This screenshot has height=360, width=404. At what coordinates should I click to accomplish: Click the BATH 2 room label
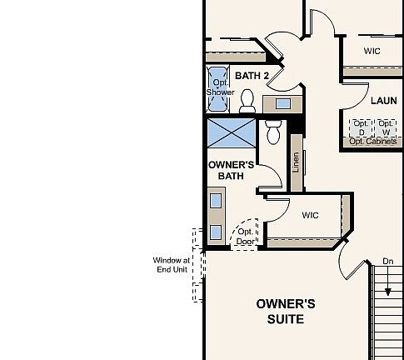click(252, 76)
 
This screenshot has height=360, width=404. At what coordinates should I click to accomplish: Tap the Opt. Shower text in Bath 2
click(220, 87)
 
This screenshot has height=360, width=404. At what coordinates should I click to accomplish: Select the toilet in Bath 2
click(247, 101)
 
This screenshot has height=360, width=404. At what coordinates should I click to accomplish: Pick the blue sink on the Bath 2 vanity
click(282, 103)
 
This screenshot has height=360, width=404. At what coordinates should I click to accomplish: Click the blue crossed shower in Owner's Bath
click(231, 132)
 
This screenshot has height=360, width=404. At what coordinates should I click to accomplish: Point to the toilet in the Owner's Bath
click(272, 132)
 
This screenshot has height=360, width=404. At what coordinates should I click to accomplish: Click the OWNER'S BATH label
click(230, 171)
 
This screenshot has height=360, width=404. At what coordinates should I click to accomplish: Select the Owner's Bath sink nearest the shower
click(216, 201)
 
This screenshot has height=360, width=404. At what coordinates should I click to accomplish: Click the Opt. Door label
click(245, 237)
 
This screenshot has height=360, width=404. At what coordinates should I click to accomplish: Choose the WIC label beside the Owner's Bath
click(310, 215)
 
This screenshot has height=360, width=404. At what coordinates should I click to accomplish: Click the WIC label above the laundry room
click(372, 51)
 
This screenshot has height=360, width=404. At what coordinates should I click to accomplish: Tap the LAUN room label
click(383, 101)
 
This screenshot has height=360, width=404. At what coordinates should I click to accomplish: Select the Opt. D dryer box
click(361, 127)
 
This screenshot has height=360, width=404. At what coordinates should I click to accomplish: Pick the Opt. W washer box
click(386, 127)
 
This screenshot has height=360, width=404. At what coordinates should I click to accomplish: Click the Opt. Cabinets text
click(372, 142)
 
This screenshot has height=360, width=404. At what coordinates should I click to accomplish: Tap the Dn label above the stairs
click(387, 261)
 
